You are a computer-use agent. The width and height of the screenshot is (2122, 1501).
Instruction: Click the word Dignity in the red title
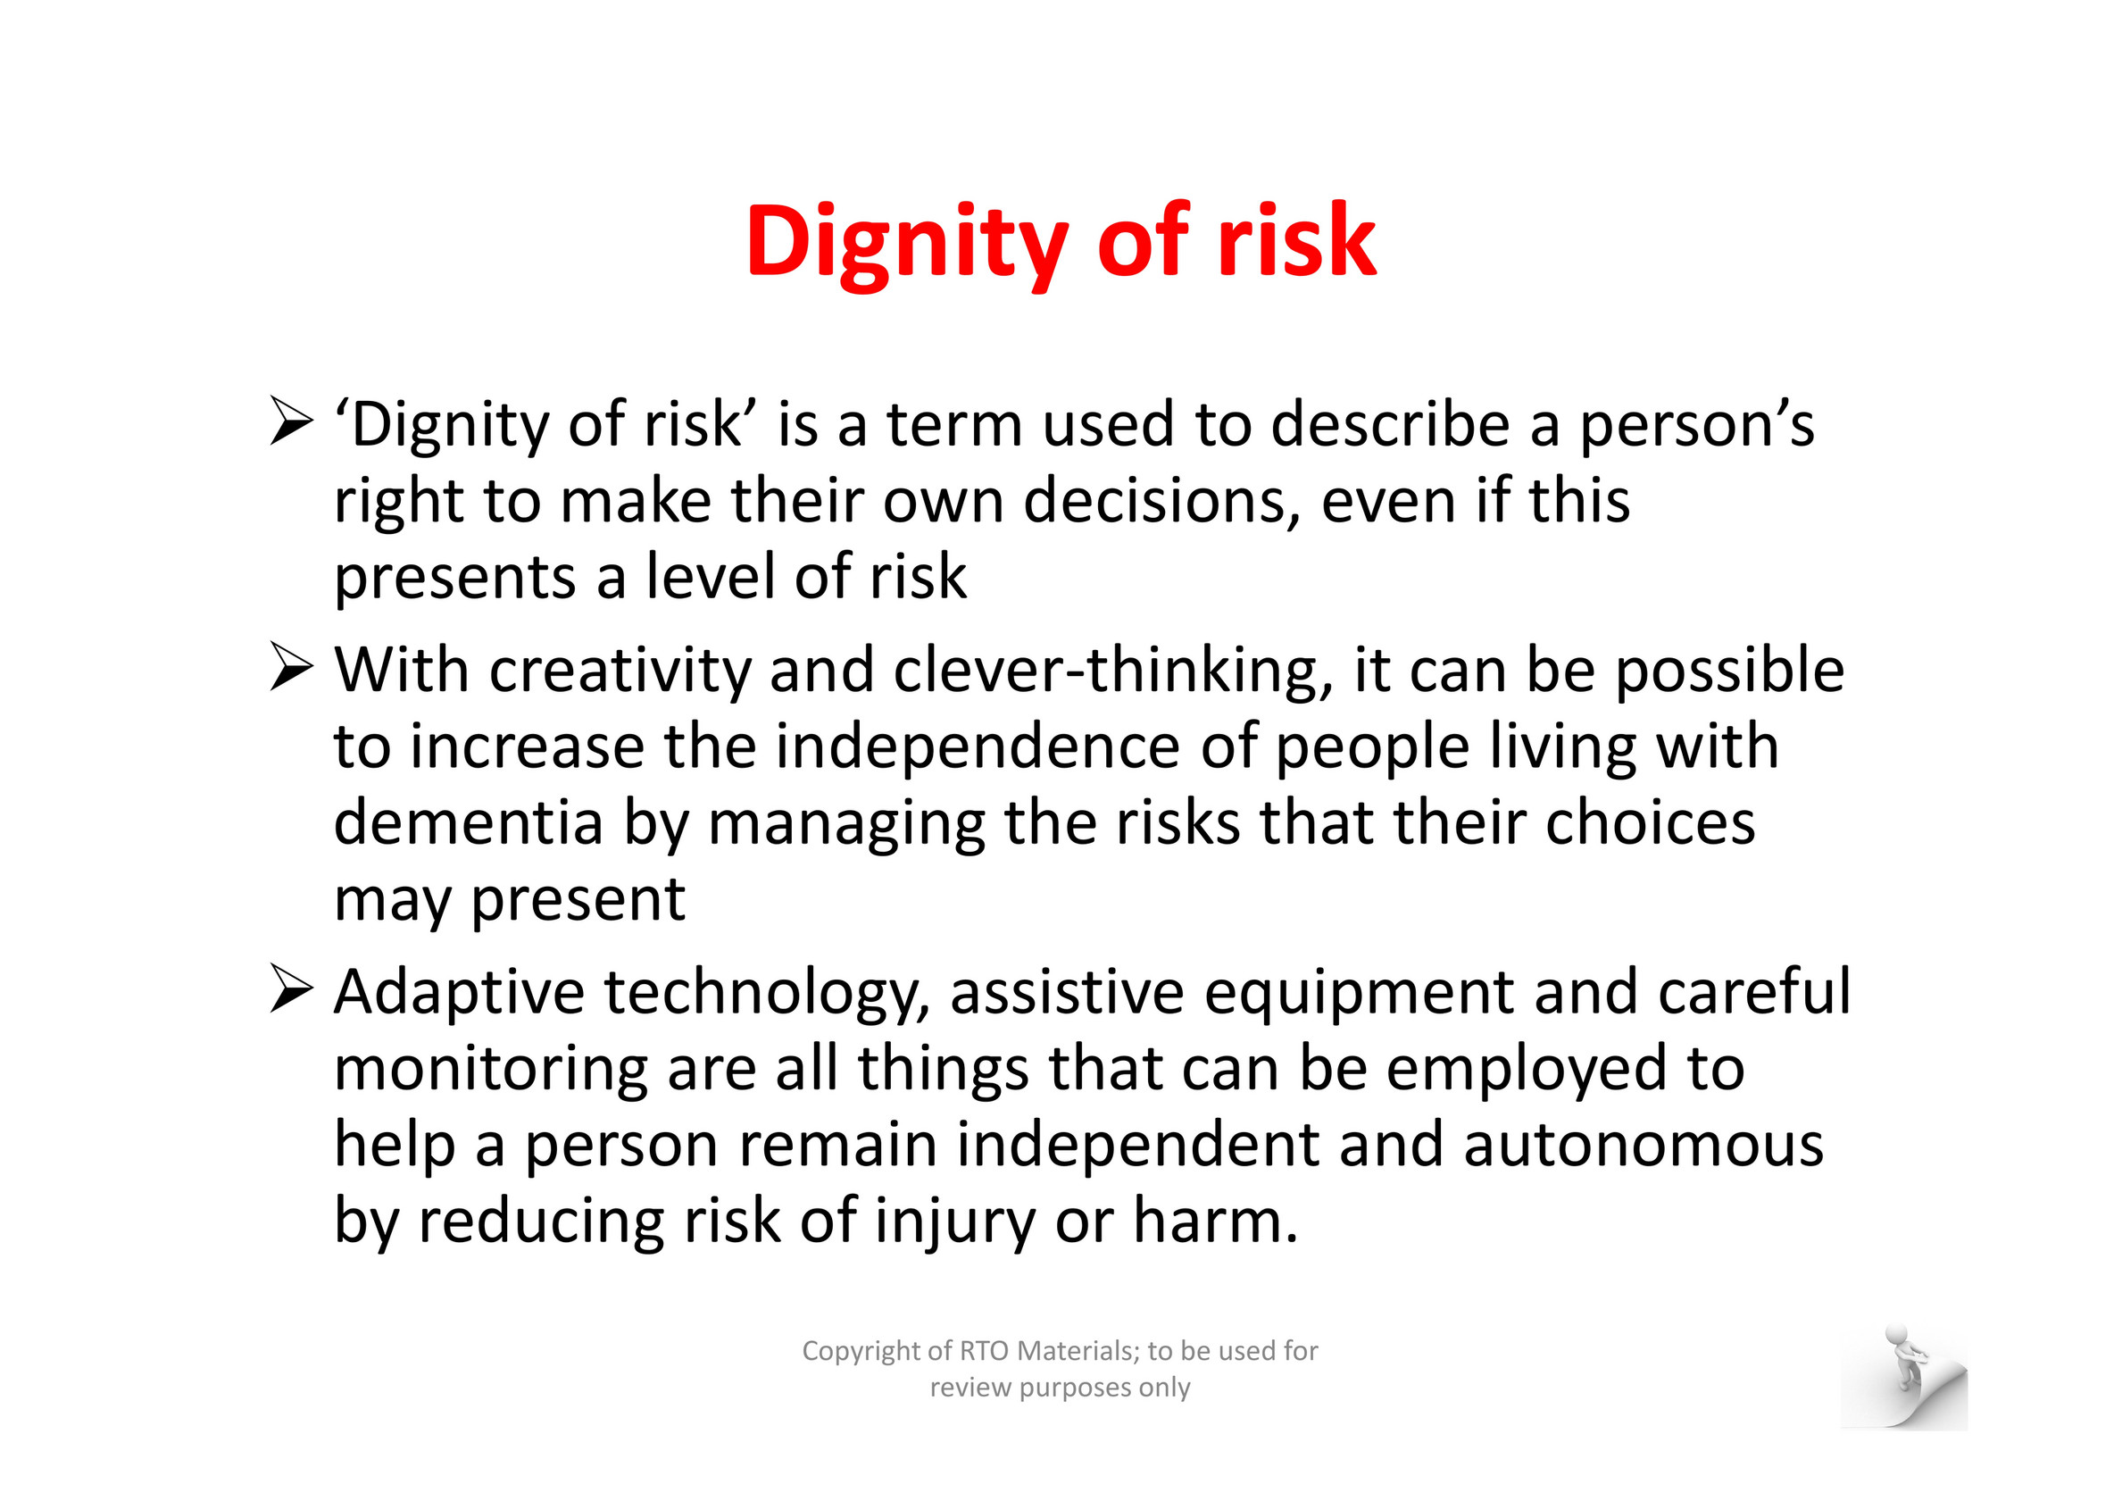click(x=908, y=243)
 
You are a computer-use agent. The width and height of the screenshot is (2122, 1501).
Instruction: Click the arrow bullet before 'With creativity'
click(x=292, y=668)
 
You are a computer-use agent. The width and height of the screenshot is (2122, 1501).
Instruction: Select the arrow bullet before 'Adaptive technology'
click(x=292, y=990)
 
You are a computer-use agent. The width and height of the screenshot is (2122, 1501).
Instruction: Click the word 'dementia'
click(x=469, y=822)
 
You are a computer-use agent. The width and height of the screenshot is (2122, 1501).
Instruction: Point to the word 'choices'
click(x=1650, y=822)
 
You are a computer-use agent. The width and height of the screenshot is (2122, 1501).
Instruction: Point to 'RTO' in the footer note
click(x=986, y=1350)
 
